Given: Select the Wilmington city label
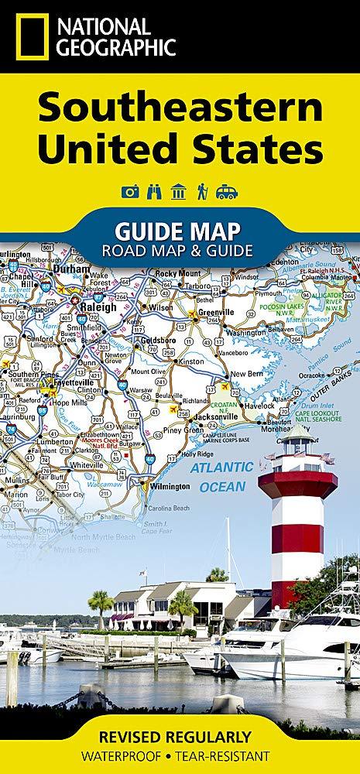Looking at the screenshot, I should coord(170,486).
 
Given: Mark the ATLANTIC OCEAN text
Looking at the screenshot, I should coord(222,477).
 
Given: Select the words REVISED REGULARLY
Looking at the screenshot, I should coord(179,737).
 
